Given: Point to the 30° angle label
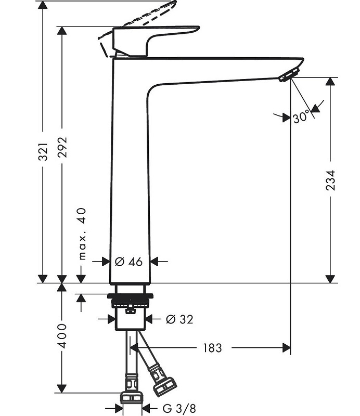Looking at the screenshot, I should [x=301, y=117].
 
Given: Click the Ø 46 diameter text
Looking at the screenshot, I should [x=128, y=262].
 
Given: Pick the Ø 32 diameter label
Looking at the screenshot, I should [x=178, y=319].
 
